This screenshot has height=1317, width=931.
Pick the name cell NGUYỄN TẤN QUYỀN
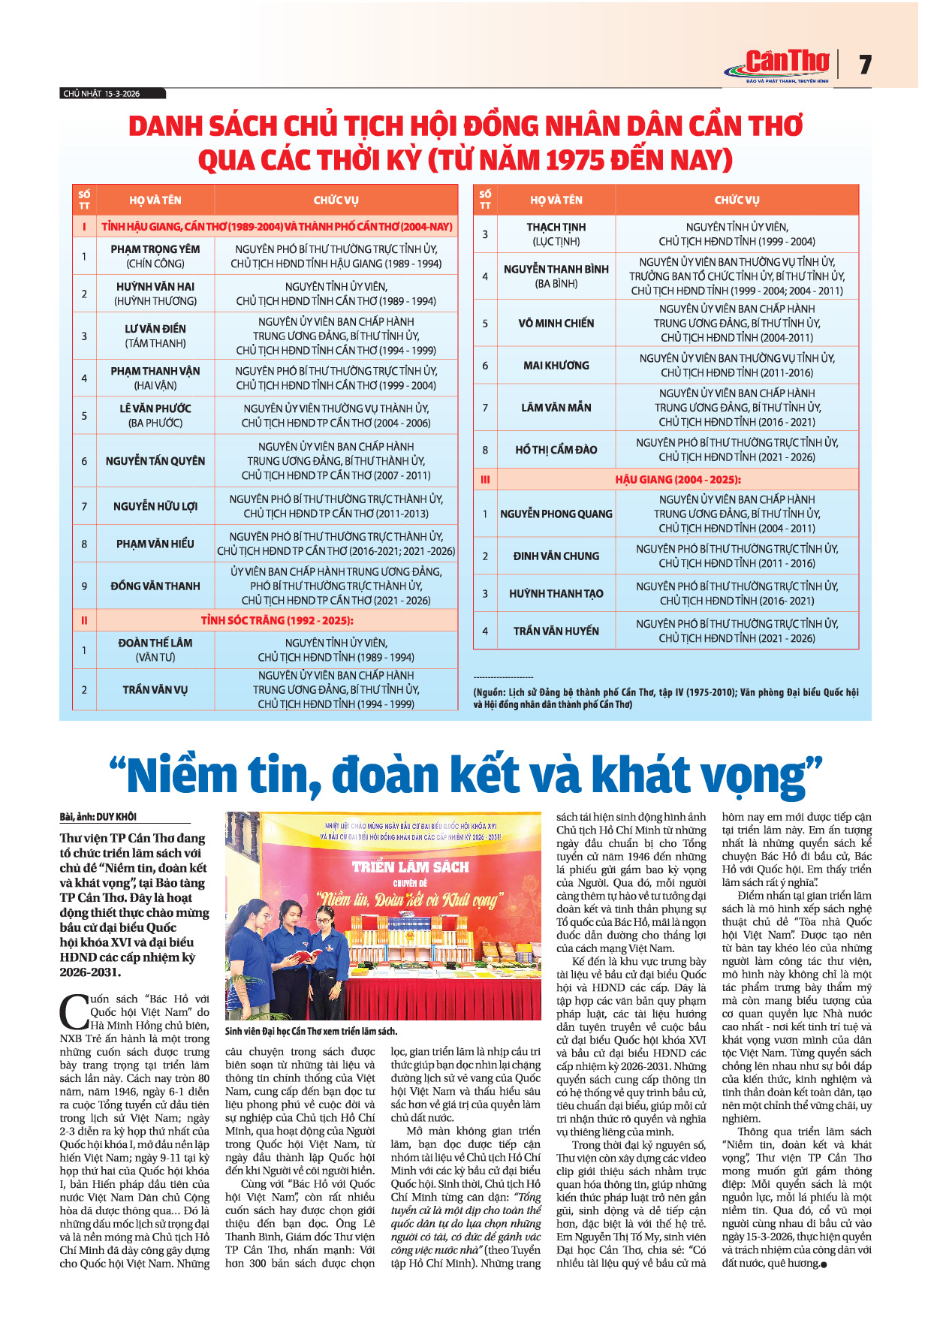click(x=155, y=461)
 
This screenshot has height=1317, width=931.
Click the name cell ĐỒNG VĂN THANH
click(x=155, y=586)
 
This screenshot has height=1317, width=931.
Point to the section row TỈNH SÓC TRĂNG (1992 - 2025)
click(x=276, y=620)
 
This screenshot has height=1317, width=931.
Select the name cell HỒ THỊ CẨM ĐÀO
click(x=556, y=450)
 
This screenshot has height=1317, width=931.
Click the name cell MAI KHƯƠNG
click(x=556, y=366)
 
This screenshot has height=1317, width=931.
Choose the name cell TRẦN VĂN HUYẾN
click(x=556, y=631)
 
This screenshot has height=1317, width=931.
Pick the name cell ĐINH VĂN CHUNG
click(x=556, y=556)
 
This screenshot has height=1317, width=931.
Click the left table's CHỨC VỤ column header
click(x=336, y=200)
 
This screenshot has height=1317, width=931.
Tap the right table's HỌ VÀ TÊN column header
click(x=556, y=200)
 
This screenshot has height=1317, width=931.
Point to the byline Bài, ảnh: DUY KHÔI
click(x=98, y=817)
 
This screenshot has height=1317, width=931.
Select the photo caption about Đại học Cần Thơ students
click(x=311, y=1031)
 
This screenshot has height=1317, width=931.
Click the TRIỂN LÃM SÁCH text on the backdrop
click(x=410, y=867)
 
